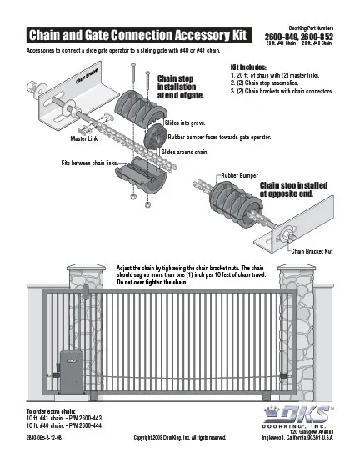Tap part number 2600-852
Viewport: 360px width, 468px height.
[317, 38]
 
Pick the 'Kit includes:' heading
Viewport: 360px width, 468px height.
[250, 66]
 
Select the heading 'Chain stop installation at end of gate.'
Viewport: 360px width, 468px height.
[180, 86]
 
